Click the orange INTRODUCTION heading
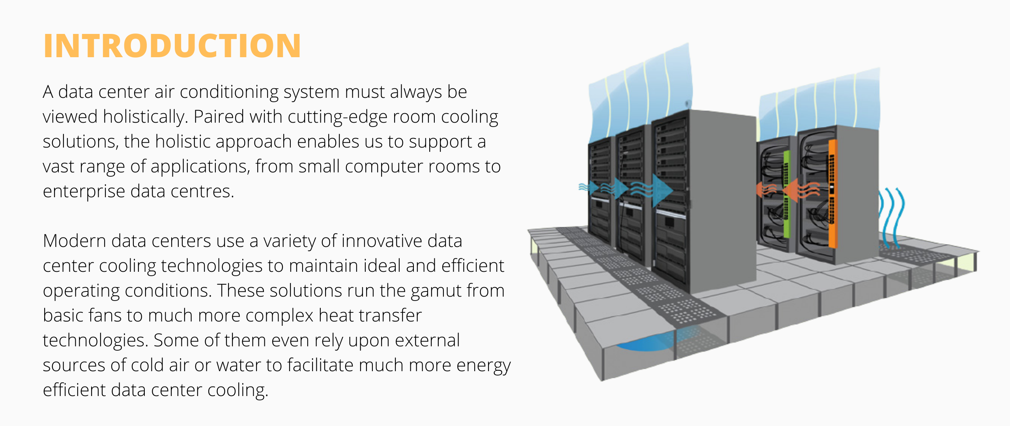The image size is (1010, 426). [x=172, y=46]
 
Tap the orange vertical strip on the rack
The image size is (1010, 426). [x=832, y=193]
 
